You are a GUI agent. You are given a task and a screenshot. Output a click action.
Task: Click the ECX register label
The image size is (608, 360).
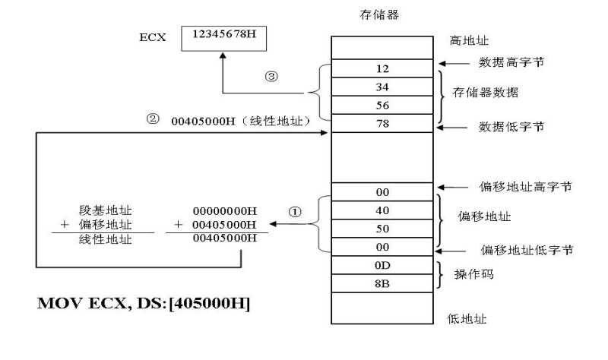(147, 36)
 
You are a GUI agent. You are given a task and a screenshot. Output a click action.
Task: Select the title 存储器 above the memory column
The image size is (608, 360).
(372, 13)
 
